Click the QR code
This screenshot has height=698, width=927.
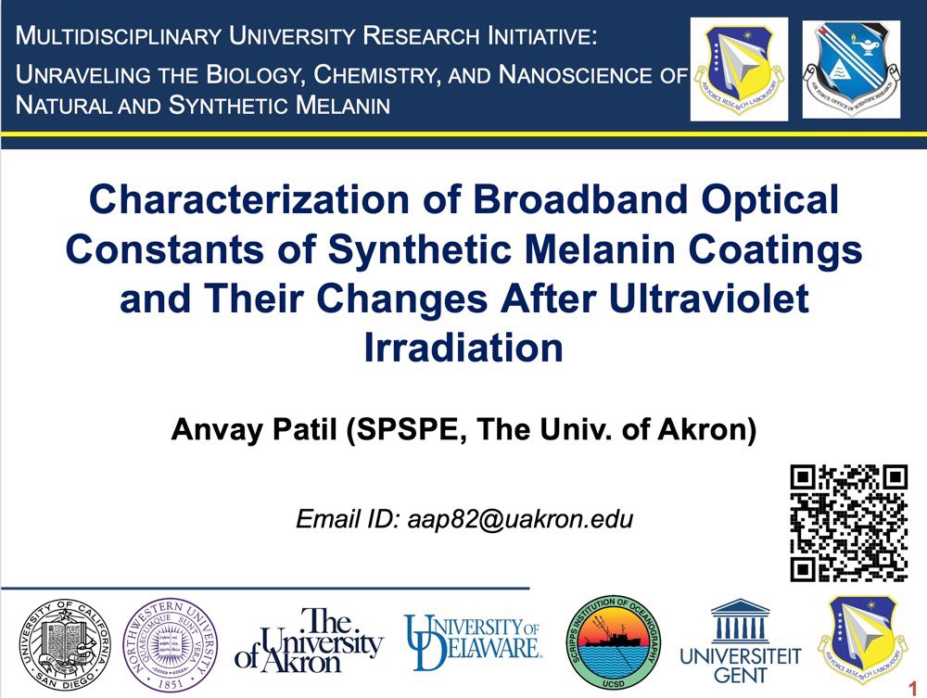[x=848, y=523]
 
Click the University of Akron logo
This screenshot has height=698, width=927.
[x=309, y=641]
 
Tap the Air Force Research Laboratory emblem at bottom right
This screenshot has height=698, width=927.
[x=862, y=641]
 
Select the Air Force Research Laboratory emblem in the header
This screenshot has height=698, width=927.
[x=739, y=69]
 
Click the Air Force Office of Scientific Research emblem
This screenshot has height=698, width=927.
[x=851, y=69]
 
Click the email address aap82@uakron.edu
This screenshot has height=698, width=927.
[x=519, y=519]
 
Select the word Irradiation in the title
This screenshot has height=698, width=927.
[x=463, y=348]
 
